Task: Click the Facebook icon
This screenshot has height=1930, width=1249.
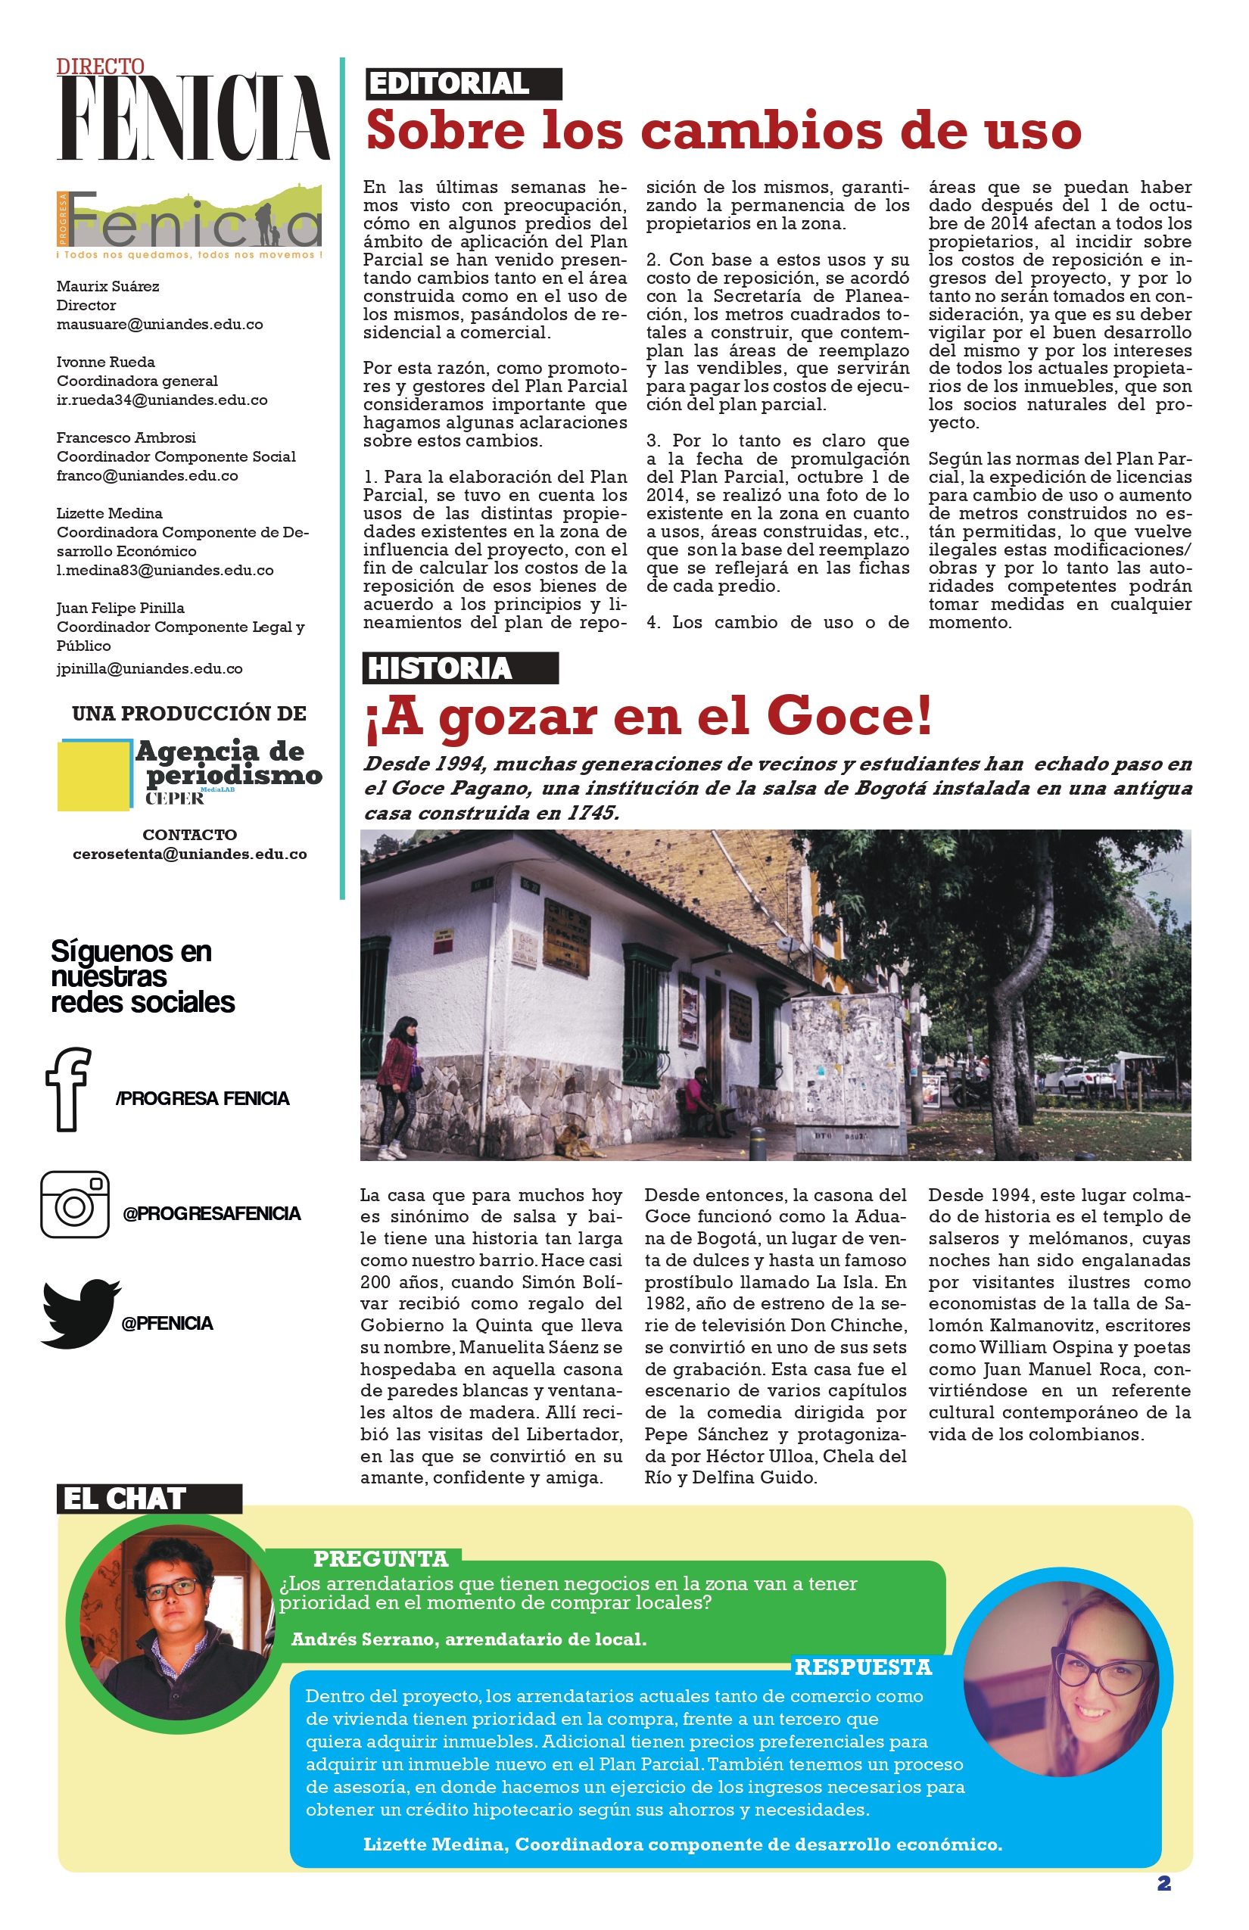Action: click(68, 1088)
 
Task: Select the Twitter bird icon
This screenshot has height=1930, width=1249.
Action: click(79, 1313)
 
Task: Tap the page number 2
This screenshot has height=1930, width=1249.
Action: click(1164, 1883)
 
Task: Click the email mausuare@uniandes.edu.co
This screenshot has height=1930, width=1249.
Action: click(160, 325)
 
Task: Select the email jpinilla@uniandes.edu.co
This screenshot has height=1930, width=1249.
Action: click(150, 669)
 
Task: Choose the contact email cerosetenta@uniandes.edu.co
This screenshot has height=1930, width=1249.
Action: click(190, 854)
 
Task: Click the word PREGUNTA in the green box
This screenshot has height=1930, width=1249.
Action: click(380, 1558)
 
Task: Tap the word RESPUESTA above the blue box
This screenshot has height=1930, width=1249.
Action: click(863, 1667)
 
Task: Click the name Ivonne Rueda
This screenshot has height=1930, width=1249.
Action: click(105, 362)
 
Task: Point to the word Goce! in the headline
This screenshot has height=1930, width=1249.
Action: click(849, 716)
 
